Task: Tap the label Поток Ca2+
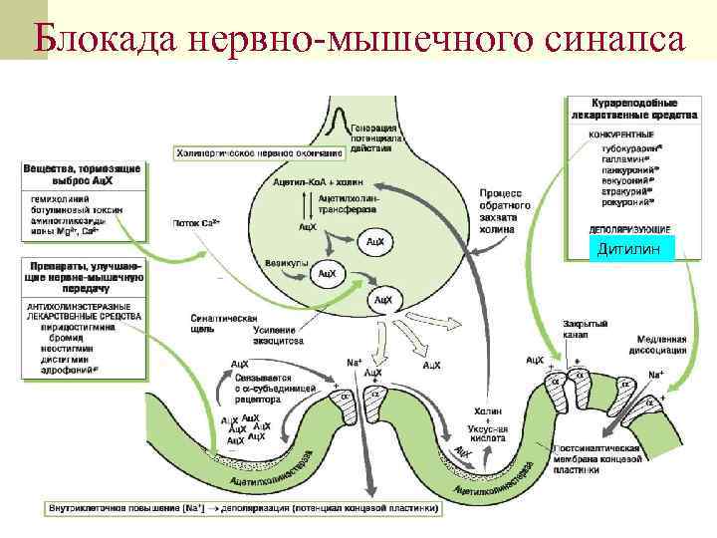[x=196, y=224]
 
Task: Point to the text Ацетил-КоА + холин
[x=319, y=183]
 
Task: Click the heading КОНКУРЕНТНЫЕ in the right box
[x=622, y=134]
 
